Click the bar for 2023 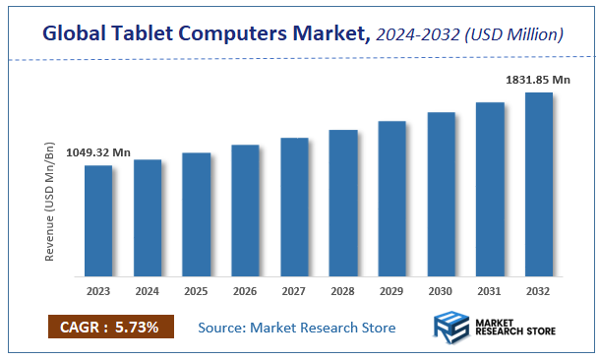97,220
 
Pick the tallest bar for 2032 539,184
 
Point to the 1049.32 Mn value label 98,153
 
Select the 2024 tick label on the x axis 147,291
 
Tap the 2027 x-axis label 294,291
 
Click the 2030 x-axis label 441,291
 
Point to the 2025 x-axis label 196,291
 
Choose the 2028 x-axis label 343,291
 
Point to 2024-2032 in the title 420,34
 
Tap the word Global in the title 77,34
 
